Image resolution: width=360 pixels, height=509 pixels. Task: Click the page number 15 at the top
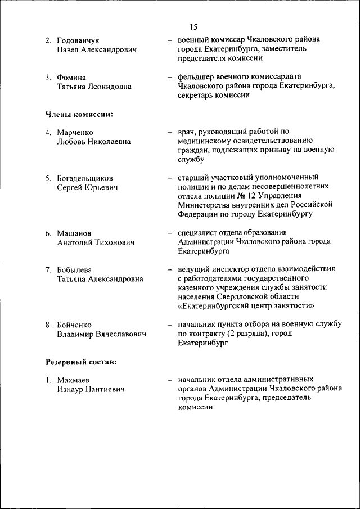point(193,26)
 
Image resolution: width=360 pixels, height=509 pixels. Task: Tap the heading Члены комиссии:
point(79,115)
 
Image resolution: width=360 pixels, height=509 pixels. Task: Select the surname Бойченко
point(75,325)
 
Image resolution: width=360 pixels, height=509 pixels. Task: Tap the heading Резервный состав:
point(81,362)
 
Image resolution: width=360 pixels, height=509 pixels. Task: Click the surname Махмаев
point(74,380)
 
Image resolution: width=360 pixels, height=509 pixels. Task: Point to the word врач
point(187,132)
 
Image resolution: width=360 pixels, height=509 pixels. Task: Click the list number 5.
point(48,178)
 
